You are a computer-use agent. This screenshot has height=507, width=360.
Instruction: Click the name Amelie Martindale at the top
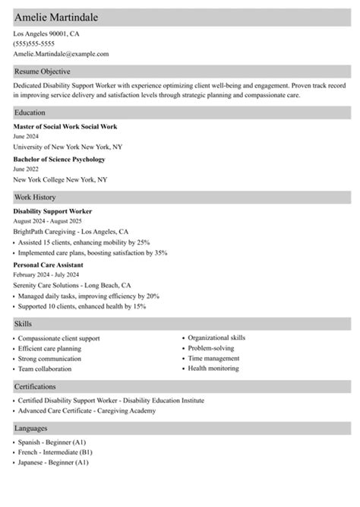point(61,17)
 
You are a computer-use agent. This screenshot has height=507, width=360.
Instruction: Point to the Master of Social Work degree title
point(65,126)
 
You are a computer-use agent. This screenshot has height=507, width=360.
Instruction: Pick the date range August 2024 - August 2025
point(54,220)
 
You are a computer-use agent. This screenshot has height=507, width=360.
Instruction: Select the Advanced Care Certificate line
point(87,410)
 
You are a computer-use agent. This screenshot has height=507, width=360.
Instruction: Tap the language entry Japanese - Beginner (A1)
point(54,461)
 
